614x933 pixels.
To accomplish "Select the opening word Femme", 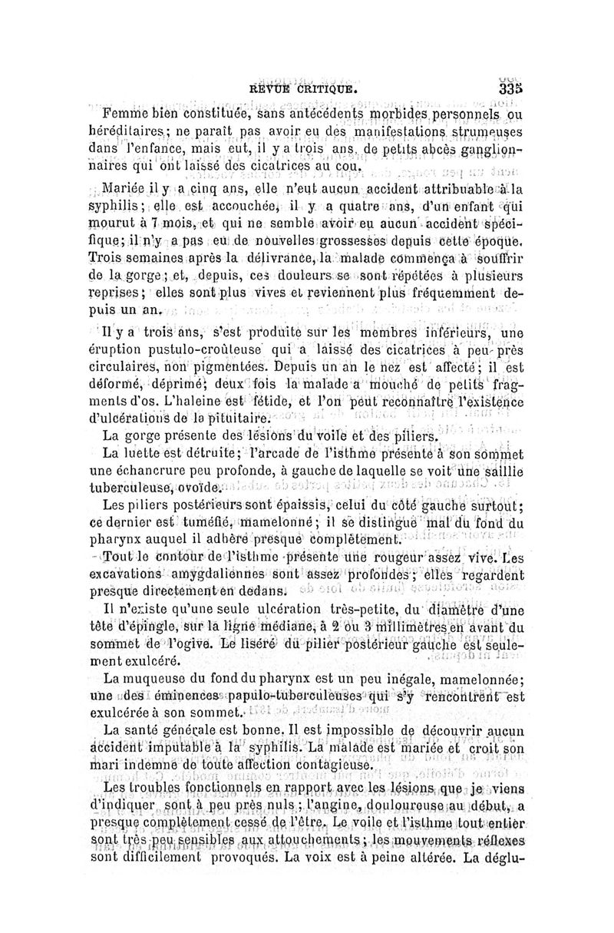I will coord(123,115).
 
